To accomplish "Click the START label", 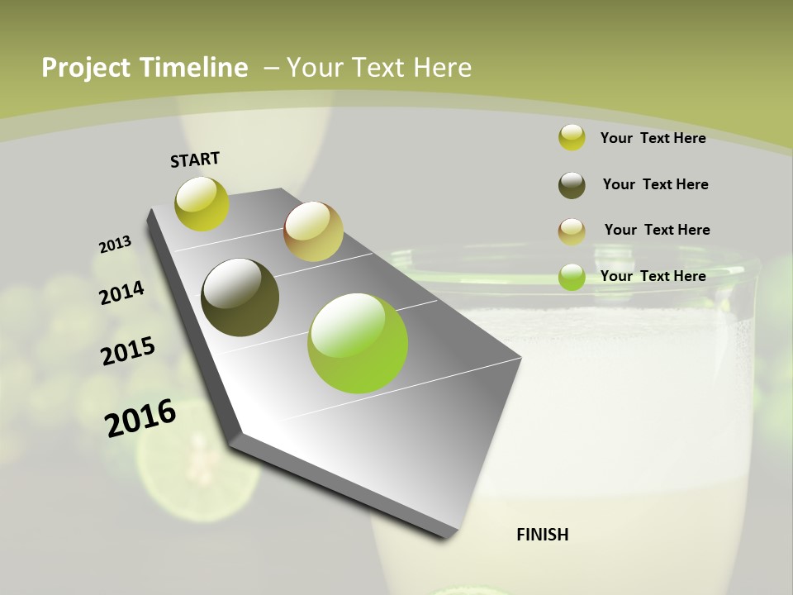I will click(x=195, y=159).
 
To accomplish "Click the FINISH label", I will click(x=542, y=535).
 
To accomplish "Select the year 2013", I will click(x=115, y=245).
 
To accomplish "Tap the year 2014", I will click(x=121, y=293).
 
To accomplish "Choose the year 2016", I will click(x=140, y=418).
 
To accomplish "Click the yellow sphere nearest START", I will click(x=202, y=204).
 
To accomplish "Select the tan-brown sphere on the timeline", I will click(x=313, y=231).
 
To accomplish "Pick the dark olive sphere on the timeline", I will click(x=240, y=297).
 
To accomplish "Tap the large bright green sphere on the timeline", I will click(x=358, y=343).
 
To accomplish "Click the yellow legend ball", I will click(x=572, y=138).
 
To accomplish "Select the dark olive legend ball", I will click(x=572, y=185).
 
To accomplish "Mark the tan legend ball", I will click(x=572, y=231).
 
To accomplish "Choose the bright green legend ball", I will click(x=572, y=277).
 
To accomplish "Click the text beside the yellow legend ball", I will click(x=653, y=138).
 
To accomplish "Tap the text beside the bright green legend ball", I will click(x=653, y=276).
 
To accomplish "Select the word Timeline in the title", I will click(x=195, y=68).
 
